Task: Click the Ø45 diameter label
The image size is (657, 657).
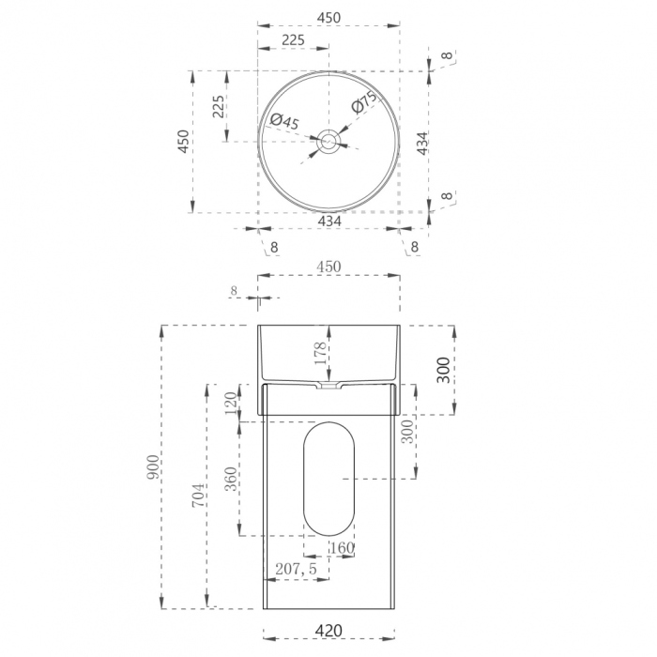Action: pyautogui.click(x=284, y=121)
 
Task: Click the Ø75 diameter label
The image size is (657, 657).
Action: pyautogui.click(x=364, y=101)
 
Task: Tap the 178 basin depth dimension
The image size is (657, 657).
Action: pyautogui.click(x=320, y=353)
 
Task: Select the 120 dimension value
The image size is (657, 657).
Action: pyautogui.click(x=231, y=403)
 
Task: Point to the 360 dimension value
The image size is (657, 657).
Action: pyautogui.click(x=231, y=479)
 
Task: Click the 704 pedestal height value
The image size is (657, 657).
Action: pyautogui.click(x=199, y=495)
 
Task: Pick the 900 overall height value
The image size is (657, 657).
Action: pyautogui.click(x=153, y=466)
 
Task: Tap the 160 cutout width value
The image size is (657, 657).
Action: pyautogui.click(x=343, y=547)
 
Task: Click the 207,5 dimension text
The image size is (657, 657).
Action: pyautogui.click(x=296, y=569)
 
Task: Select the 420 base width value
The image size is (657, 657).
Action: pyautogui.click(x=328, y=630)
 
